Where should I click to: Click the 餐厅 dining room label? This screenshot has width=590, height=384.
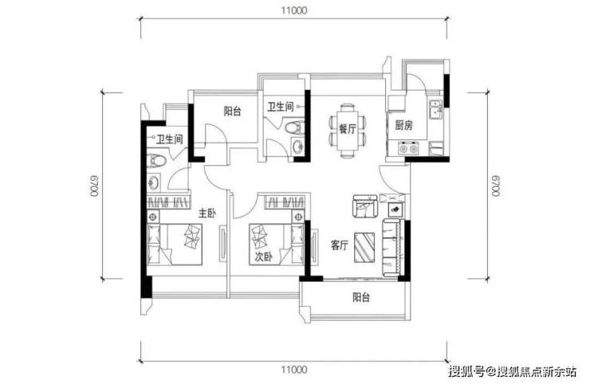pyautogui.click(x=348, y=129)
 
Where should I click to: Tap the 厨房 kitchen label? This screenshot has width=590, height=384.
pyautogui.click(x=403, y=125)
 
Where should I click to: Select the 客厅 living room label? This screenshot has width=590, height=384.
pyautogui.click(x=340, y=245)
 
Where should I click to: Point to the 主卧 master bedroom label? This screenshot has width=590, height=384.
pyautogui.click(x=207, y=214)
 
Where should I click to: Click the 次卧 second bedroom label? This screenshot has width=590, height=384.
pyautogui.click(x=264, y=257)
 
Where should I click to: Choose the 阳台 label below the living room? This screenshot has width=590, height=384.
pyautogui.click(x=361, y=297)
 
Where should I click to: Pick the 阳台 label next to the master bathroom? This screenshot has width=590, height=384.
pyautogui.click(x=233, y=111)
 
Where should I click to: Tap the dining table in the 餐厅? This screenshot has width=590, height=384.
pyautogui.click(x=348, y=131)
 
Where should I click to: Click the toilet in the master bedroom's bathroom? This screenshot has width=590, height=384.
pyautogui.click(x=156, y=161)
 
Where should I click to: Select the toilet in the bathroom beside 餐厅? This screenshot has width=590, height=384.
pyautogui.click(x=295, y=127)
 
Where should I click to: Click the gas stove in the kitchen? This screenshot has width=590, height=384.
pyautogui.click(x=408, y=148)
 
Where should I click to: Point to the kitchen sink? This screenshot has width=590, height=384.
pyautogui.click(x=436, y=109)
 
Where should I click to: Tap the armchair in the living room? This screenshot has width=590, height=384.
pyautogui.click(x=365, y=206)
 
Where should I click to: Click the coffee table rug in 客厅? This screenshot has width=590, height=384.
pyautogui.click(x=364, y=248)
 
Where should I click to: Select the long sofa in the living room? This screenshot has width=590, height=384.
pyautogui.click(x=393, y=248)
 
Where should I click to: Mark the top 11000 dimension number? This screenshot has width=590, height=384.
pyautogui.click(x=294, y=10)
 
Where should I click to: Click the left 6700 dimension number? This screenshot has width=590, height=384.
pyautogui.click(x=94, y=186)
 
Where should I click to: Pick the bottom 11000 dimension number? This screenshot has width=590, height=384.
pyautogui.click(x=294, y=370)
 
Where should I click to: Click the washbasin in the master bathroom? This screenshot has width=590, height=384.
pyautogui.click(x=154, y=182)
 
